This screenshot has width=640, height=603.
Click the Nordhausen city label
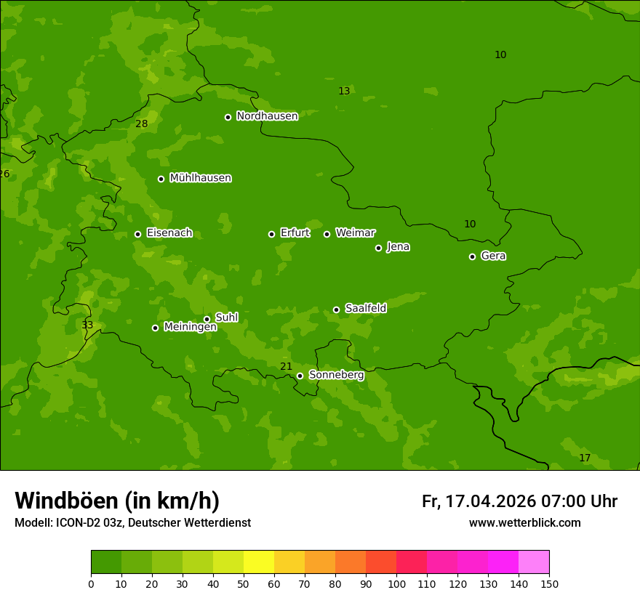(x=267, y=116)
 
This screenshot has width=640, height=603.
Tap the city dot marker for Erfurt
(x=271, y=234)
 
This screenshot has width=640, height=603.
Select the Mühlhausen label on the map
(x=200, y=178)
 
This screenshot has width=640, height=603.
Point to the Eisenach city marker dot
(x=137, y=234)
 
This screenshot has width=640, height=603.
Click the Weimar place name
(x=355, y=233)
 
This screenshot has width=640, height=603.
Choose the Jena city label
(x=398, y=247)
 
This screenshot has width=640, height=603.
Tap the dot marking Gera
(x=472, y=256)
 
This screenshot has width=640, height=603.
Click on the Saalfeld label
(x=365, y=309)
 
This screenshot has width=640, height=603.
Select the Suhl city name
(x=226, y=317)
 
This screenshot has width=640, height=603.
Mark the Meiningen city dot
(x=155, y=328)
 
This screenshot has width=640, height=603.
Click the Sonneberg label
(x=336, y=375)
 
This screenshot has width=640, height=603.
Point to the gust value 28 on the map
(x=141, y=124)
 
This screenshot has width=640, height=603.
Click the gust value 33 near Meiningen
(x=87, y=325)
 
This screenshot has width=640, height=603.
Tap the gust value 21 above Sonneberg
(x=286, y=367)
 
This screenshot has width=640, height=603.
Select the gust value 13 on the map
(x=344, y=92)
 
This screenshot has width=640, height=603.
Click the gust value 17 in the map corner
(x=584, y=458)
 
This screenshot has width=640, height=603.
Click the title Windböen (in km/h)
(x=117, y=501)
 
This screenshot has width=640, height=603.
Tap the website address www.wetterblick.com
(x=524, y=523)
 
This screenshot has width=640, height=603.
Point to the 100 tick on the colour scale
(x=396, y=583)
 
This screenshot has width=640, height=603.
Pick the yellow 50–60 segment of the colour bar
(x=259, y=562)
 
